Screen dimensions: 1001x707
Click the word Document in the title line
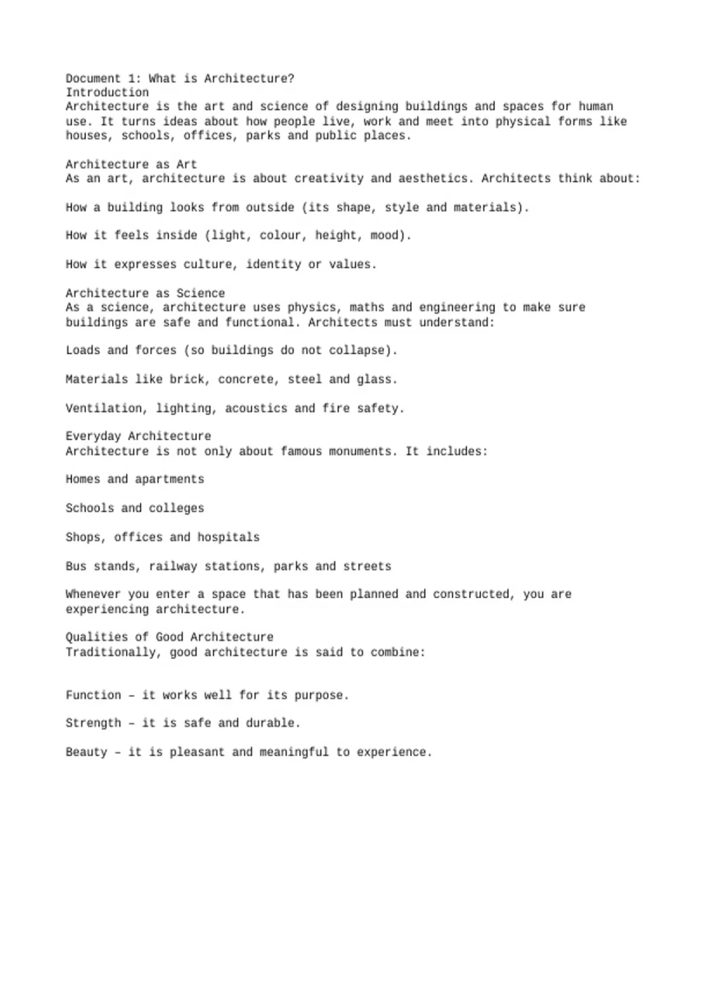point(93,78)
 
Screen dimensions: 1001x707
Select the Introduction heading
point(107,92)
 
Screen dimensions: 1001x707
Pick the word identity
point(273,264)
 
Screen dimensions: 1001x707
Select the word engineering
point(457,307)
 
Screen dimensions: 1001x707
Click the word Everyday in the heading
point(93,436)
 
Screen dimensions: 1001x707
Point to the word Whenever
point(93,594)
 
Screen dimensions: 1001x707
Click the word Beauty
point(87,752)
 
